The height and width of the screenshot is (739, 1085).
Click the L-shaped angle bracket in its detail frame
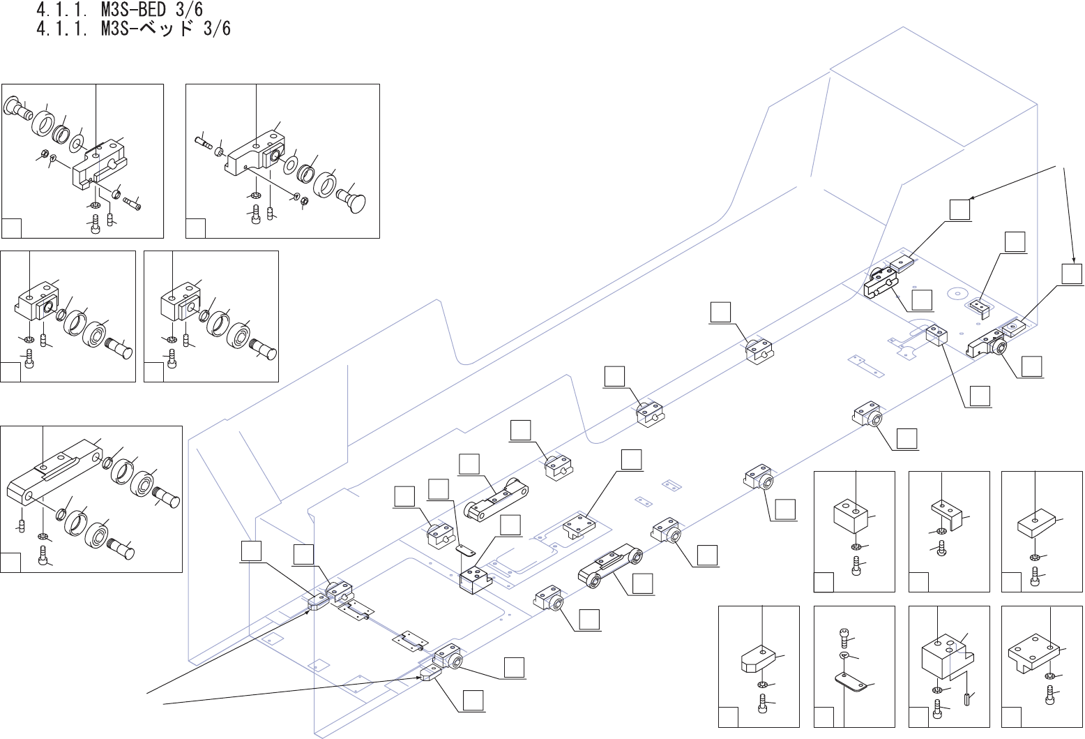click(x=947, y=514)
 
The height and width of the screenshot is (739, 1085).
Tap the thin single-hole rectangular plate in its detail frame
click(x=1035, y=523)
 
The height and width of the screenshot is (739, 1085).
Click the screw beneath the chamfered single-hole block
click(x=763, y=703)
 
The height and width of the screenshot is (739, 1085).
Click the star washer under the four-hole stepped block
click(x=1050, y=676)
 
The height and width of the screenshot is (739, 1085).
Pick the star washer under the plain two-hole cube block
click(x=856, y=546)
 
